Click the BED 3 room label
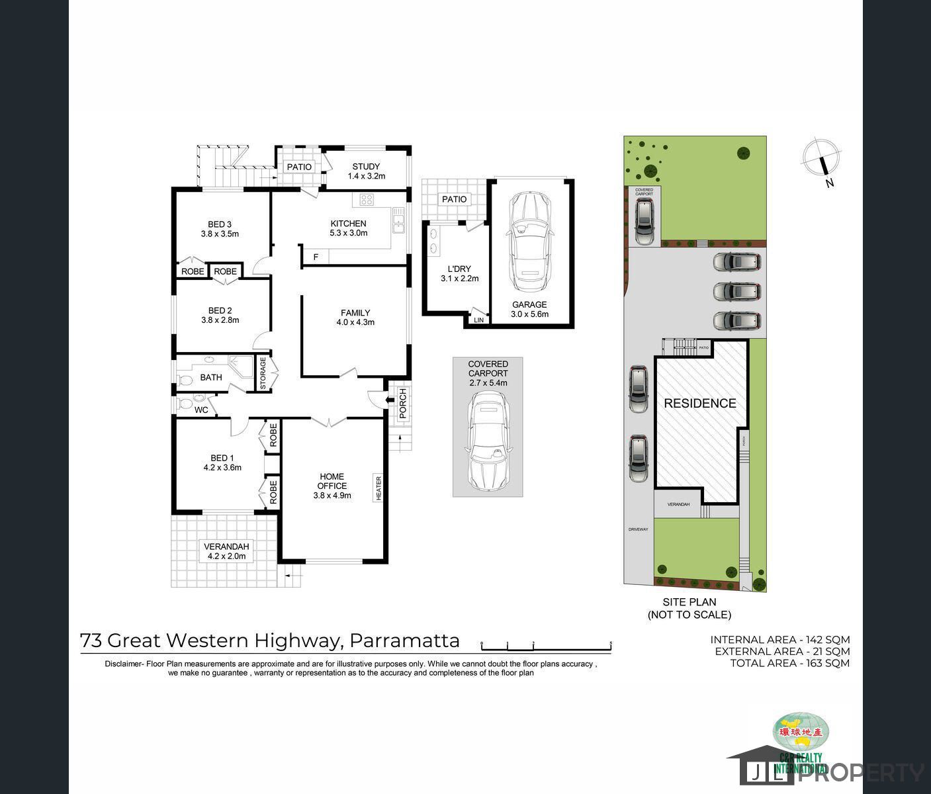tap(220, 229)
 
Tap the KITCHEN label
tap(348, 228)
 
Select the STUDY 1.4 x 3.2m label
tap(366, 171)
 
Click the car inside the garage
tap(529, 242)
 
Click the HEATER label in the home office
tap(378, 488)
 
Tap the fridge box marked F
tap(316, 257)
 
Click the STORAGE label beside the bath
tap(263, 374)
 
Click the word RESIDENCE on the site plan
tap(699, 403)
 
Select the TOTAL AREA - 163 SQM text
tap(789, 663)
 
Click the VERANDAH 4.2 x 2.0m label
tap(226, 551)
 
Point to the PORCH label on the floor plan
tap(402, 403)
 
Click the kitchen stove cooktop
tap(367, 199)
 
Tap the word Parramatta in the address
tap(404, 640)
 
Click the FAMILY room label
tap(355, 318)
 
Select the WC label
tap(201, 410)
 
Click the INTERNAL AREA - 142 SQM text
tap(780, 639)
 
